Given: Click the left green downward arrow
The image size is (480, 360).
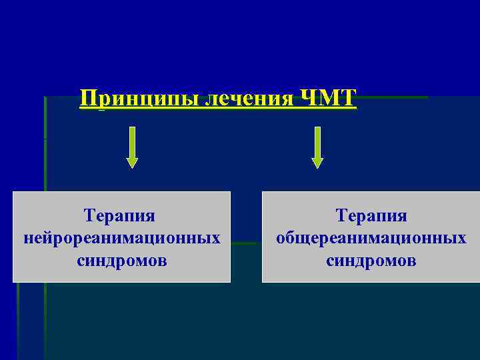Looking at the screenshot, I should click(132, 147).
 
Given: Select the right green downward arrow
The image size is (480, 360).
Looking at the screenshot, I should click(317, 147).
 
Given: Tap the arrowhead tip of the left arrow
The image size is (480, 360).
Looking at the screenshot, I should click(132, 166).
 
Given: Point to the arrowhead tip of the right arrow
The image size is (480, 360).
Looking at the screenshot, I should click(317, 166).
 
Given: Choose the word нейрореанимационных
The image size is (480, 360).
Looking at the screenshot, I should click(121, 237).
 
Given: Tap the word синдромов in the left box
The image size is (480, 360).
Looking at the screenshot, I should click(121, 259).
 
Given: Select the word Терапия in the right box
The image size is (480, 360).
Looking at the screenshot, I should click(371, 216).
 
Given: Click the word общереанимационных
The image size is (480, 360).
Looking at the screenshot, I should click(371, 237).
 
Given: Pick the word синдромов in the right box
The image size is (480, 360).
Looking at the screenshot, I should click(371, 259).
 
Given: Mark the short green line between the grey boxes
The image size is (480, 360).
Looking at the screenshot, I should click(246, 243).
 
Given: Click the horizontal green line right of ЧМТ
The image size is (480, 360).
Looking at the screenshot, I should click(393, 97).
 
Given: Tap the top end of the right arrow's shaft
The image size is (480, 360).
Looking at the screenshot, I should click(317, 129).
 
